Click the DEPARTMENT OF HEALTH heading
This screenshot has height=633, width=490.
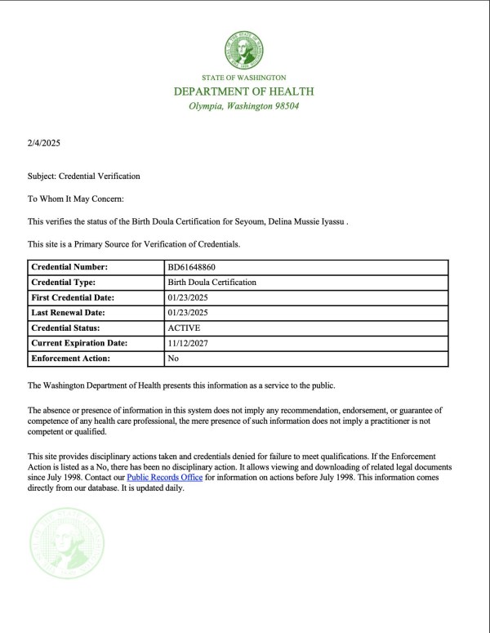pos(244,91)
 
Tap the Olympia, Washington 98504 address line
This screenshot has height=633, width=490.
pos(244,106)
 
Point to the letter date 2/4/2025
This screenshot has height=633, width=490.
pos(44,144)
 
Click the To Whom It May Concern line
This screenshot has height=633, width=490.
pos(75,198)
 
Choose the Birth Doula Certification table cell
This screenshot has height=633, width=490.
pos(212,282)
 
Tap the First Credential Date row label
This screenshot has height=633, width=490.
pos(73,297)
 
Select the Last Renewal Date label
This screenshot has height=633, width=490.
pos(69,313)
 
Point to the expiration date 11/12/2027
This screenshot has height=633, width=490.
pos(187,343)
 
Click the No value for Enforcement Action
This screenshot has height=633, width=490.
pos(173,359)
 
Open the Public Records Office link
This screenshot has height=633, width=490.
pos(164,477)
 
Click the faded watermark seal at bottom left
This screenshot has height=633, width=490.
pos(68,542)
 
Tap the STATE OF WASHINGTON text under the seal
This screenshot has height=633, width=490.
pos(244,78)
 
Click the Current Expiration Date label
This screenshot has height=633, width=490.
pos(78,343)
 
